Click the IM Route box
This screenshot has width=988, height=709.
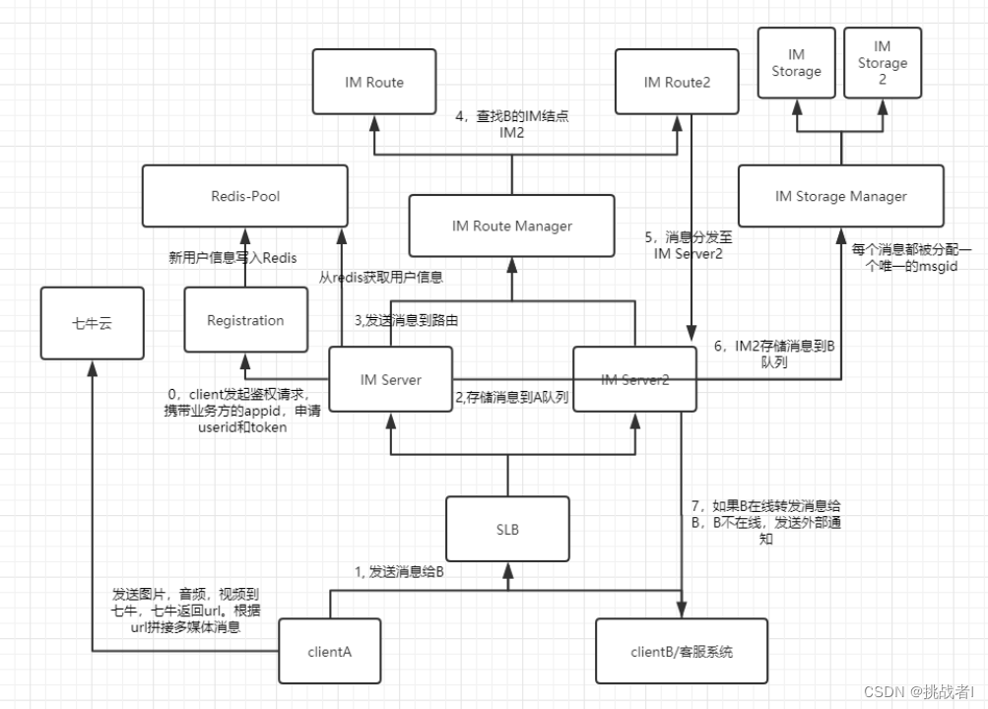[374, 83]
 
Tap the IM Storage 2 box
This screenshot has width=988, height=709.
[882, 62]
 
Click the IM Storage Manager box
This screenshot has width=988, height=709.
[840, 197]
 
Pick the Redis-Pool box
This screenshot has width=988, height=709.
[245, 197]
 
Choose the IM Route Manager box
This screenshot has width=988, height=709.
[512, 226]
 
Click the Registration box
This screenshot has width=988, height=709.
[245, 320]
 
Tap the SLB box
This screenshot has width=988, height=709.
[508, 530]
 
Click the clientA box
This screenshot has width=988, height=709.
[330, 651]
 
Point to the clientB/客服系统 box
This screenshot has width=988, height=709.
[682, 651]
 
